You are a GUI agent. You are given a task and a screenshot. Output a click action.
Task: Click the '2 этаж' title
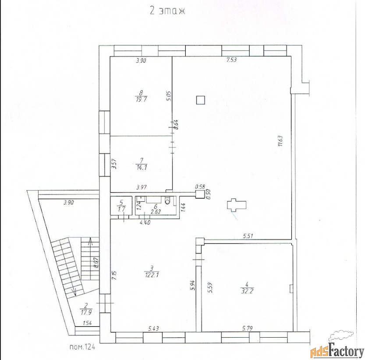[x=167, y=11]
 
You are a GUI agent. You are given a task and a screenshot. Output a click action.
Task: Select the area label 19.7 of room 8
[x=141, y=100]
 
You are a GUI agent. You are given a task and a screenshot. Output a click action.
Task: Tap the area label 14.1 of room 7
[x=142, y=167]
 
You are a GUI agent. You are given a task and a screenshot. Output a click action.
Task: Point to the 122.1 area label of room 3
[x=152, y=275]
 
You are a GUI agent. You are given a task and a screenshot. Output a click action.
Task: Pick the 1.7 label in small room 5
[x=121, y=209]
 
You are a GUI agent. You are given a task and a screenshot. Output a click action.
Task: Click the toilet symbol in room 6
[x=167, y=201]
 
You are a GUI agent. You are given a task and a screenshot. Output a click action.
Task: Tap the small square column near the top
[x=200, y=100]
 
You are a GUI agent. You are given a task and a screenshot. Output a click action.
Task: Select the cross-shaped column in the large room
[x=237, y=205]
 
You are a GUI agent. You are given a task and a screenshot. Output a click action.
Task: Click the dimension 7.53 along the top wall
[x=231, y=60]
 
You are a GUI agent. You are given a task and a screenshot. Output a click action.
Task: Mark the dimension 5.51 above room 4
[x=248, y=236]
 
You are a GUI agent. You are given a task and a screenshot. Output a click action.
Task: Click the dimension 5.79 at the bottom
[x=247, y=328]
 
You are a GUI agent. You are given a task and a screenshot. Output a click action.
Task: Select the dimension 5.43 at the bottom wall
[x=154, y=328]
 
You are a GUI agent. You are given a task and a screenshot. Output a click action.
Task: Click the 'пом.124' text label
[x=83, y=347]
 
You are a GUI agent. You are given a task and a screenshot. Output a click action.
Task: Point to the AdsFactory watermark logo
[x=337, y=346]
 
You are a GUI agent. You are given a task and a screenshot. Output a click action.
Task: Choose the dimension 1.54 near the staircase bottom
[x=87, y=323]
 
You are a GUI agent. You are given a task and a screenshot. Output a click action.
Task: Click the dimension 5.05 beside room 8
[x=169, y=96]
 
